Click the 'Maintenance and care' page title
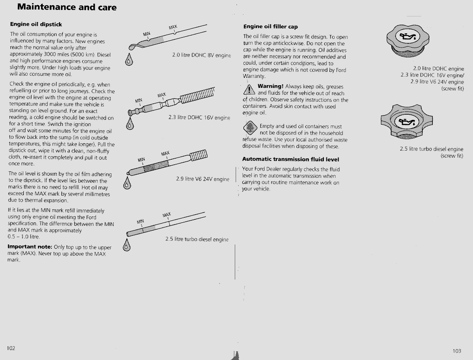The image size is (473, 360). click(x=67, y=7)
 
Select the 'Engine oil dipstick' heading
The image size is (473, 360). click(x=39, y=25)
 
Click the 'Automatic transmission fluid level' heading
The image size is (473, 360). click(x=291, y=159)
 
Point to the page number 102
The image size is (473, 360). click(x=11, y=348)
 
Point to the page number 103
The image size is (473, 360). click(x=457, y=351)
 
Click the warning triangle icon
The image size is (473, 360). click(x=250, y=90)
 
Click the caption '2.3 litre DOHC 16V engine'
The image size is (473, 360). click(x=199, y=117)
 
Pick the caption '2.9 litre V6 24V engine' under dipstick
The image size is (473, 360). click(x=202, y=179)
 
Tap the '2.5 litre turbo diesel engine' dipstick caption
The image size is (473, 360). click(x=197, y=239)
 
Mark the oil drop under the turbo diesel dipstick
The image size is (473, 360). click(x=127, y=247)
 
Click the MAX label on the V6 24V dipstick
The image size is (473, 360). click(x=165, y=154)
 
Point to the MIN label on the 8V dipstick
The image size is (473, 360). click(x=146, y=33)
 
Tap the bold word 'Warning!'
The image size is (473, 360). click(x=270, y=87)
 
